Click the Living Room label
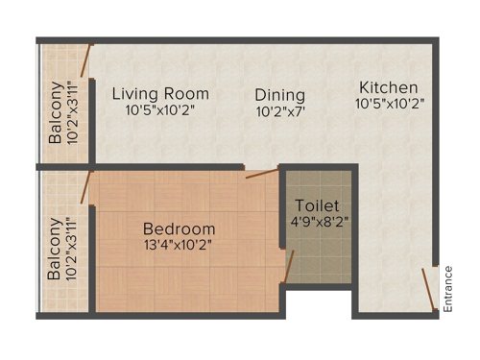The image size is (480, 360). pyautogui.click(x=160, y=94)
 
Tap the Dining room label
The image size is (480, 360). pyautogui.click(x=280, y=95)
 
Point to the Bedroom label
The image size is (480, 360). pyautogui.click(x=179, y=229)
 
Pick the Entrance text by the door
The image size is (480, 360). pyautogui.click(x=447, y=288)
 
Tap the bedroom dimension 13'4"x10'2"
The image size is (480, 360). pyautogui.click(x=178, y=245)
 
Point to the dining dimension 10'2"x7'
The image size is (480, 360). pyautogui.click(x=280, y=111)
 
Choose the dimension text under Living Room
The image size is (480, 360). pyautogui.click(x=160, y=110)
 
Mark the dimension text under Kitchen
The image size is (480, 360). pyautogui.click(x=390, y=102)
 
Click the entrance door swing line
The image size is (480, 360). pyautogui.click(x=427, y=285)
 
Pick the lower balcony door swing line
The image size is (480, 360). pyautogui.click(x=85, y=187)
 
